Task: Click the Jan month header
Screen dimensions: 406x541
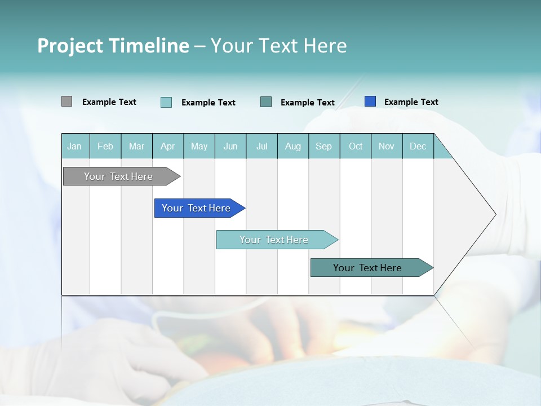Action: coord(75,146)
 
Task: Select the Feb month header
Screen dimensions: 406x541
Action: coord(105,146)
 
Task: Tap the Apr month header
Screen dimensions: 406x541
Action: coord(168,146)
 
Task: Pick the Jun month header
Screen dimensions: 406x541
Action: coord(230,146)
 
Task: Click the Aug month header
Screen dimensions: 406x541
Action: coord(293,146)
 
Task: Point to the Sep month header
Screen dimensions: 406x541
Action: coord(324,146)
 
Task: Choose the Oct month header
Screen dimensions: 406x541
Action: coord(356,146)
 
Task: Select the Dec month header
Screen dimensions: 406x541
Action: coord(418,146)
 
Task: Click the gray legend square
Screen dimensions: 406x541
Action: coord(66,101)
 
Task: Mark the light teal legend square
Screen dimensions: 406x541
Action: coord(166,102)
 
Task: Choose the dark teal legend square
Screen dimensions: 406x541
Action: coord(266,101)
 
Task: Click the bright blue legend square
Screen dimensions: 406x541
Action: coord(370,101)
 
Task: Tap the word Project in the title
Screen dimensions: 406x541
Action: coord(70,46)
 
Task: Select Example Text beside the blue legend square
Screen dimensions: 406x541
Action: coord(411,102)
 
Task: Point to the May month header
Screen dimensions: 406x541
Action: coord(199,146)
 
